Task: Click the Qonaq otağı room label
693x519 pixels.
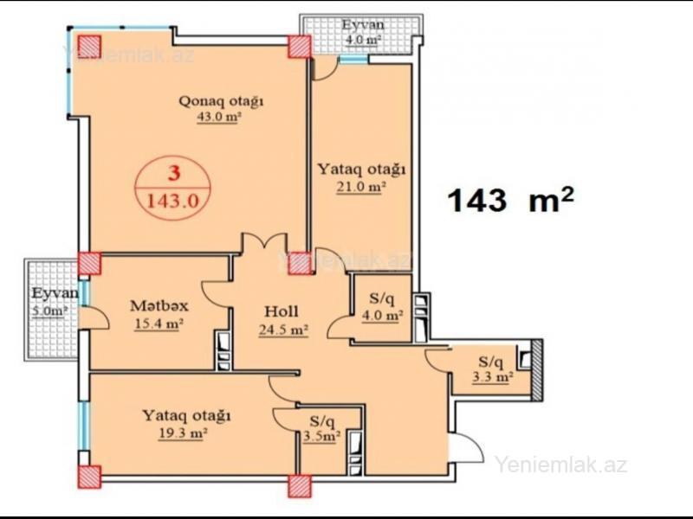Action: click(x=221, y=101)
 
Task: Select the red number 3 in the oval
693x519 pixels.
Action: click(x=175, y=174)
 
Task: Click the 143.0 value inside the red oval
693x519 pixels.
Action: click(x=172, y=201)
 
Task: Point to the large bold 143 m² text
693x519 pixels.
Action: click(x=511, y=200)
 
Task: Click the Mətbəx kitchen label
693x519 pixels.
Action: click(x=159, y=305)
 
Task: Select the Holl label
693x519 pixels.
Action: click(x=281, y=311)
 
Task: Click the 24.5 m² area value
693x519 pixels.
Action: click(x=283, y=330)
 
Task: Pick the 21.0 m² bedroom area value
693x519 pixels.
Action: click(x=361, y=187)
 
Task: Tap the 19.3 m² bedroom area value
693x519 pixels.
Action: click(x=183, y=434)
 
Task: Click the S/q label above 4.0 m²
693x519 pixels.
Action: click(x=381, y=298)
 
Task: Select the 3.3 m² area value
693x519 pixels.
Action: click(x=492, y=378)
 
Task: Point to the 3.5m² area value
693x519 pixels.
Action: click(x=321, y=437)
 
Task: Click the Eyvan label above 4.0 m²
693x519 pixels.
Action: click(x=363, y=24)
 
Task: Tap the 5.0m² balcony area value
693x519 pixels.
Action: click(x=50, y=311)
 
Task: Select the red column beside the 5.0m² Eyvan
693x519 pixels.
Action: click(x=90, y=263)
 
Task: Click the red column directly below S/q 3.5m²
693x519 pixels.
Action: click(x=300, y=486)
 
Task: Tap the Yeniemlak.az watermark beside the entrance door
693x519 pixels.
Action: click(x=560, y=465)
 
